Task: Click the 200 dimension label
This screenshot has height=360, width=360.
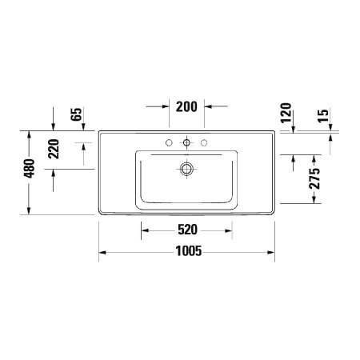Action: click(x=187, y=106)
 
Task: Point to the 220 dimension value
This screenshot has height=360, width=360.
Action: click(x=54, y=149)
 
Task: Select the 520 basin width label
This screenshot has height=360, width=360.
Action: click(x=187, y=230)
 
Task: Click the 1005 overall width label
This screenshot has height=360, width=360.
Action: click(x=186, y=251)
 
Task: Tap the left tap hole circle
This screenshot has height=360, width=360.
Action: click(x=170, y=143)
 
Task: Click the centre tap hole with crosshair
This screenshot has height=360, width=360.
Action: click(x=187, y=143)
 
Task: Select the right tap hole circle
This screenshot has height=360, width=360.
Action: click(x=205, y=143)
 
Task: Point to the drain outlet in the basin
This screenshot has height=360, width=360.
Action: click(x=187, y=169)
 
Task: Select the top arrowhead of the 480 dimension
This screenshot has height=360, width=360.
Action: click(x=30, y=134)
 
